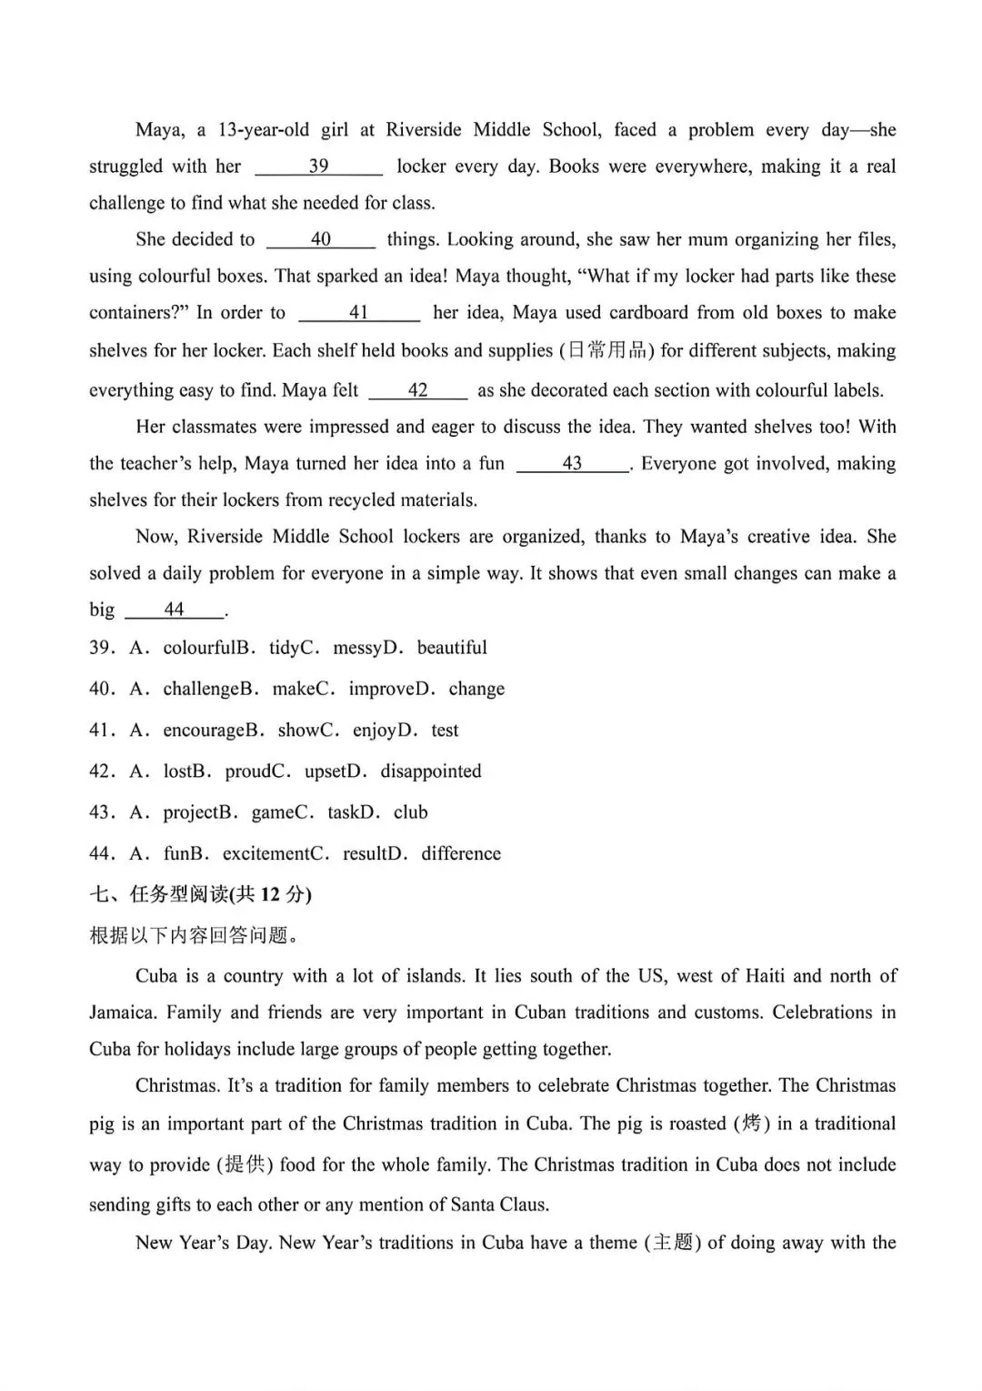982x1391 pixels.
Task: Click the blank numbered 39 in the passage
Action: coord(318,166)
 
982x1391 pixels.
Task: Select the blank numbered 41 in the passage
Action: coord(359,313)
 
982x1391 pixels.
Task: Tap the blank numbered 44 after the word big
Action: coord(174,610)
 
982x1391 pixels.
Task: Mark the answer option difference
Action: coord(461,853)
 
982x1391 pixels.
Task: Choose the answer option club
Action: coord(410,812)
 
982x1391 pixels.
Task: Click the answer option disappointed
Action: coord(431,771)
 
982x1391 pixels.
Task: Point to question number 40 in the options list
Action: coord(100,690)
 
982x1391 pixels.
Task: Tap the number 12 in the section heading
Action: coord(270,895)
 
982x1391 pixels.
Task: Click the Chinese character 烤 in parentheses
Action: coord(751,1124)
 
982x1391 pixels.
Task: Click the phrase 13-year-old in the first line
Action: coord(264,130)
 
